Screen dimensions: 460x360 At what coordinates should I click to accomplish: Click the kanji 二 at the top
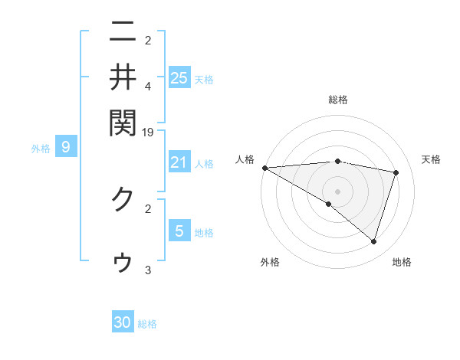(123, 34)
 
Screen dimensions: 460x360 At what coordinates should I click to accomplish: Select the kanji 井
(123, 77)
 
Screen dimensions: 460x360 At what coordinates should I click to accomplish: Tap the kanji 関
(123, 120)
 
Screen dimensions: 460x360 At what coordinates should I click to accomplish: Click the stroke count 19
(148, 132)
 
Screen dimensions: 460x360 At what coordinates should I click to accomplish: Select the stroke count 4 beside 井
(148, 86)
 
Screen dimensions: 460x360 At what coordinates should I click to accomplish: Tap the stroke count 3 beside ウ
(148, 270)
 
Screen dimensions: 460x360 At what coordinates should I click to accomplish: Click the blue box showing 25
(179, 77)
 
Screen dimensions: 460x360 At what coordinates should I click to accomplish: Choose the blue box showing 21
(179, 162)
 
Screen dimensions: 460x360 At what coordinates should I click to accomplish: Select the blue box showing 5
(179, 231)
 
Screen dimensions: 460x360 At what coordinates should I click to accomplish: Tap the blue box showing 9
(66, 147)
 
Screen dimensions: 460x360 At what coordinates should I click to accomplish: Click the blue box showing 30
(123, 322)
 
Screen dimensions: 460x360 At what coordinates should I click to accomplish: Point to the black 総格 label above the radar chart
(338, 100)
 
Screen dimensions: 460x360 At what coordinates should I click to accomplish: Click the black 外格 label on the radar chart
(270, 262)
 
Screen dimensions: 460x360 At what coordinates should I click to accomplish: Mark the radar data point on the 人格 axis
(264, 168)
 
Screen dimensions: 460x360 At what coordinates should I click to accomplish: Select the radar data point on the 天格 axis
(396, 172)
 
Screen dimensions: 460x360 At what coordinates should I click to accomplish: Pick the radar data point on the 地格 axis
(374, 241)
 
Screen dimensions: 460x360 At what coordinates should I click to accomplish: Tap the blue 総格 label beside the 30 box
(147, 324)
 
